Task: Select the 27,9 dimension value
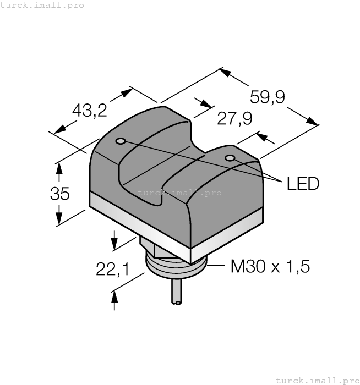coord(234,118)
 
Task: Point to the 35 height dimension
coord(60,194)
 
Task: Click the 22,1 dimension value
coord(112,269)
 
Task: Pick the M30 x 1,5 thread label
coord(270,267)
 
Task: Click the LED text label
coord(303,183)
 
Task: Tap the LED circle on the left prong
coord(121,141)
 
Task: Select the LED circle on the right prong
coord(231,159)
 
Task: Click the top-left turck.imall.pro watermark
coord(42,5)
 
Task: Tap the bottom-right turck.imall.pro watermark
coord(317,380)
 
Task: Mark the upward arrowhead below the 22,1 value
coord(114,297)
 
